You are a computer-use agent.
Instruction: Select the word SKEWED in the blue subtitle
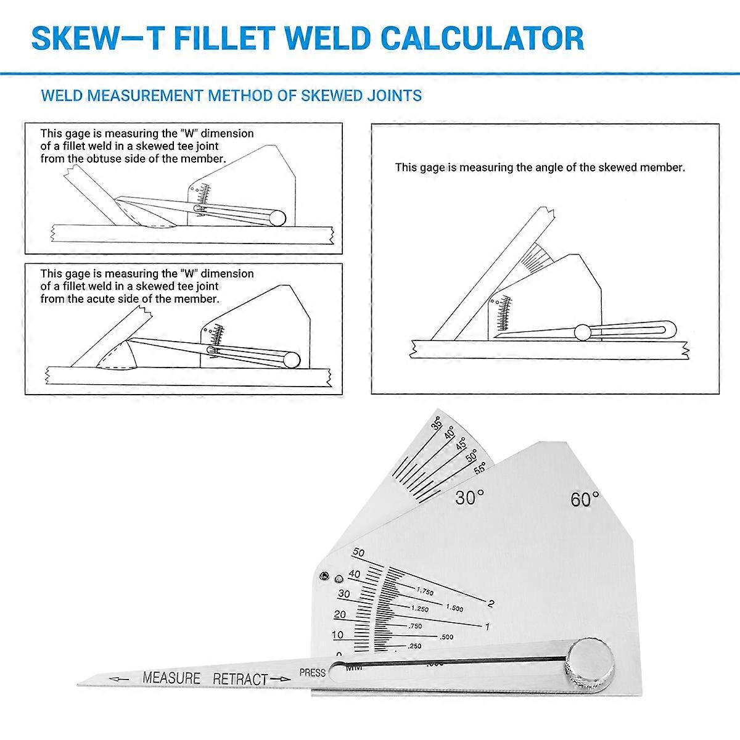coord(330,96)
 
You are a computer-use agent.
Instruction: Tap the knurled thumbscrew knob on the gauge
coord(591,663)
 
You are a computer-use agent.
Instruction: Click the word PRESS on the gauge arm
coord(312,673)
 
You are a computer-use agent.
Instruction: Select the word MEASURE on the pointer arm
coord(171,678)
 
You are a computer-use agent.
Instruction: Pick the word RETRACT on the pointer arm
coord(240,679)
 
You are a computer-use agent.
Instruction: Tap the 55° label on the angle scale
coord(480,468)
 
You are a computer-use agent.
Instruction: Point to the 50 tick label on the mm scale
coord(358,553)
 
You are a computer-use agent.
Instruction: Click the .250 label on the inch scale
coord(414,646)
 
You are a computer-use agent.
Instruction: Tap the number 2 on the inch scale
coord(491,603)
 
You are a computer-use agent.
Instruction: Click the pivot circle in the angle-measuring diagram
coord(582,332)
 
